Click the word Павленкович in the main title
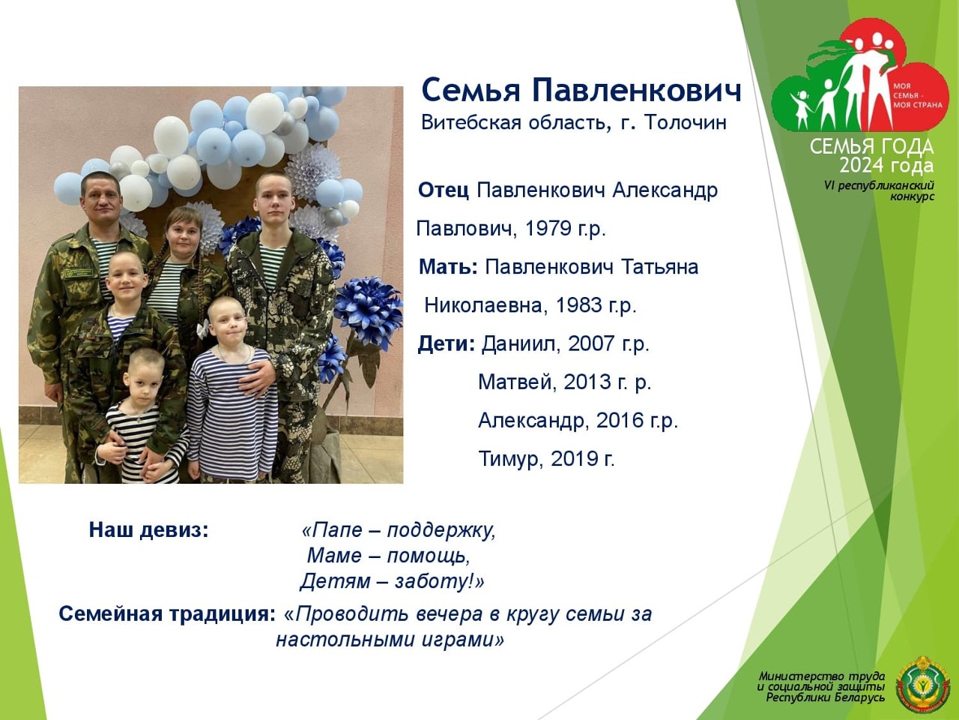(636, 91)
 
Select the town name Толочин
(685, 122)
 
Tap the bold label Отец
(444, 190)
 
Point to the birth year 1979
(546, 228)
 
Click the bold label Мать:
(448, 267)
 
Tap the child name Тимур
(510, 458)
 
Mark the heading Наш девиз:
(149, 529)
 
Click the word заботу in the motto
(432, 581)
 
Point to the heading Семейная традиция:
(167, 613)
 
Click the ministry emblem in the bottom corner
(923, 685)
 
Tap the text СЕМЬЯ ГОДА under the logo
(871, 147)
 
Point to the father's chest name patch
(80, 274)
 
